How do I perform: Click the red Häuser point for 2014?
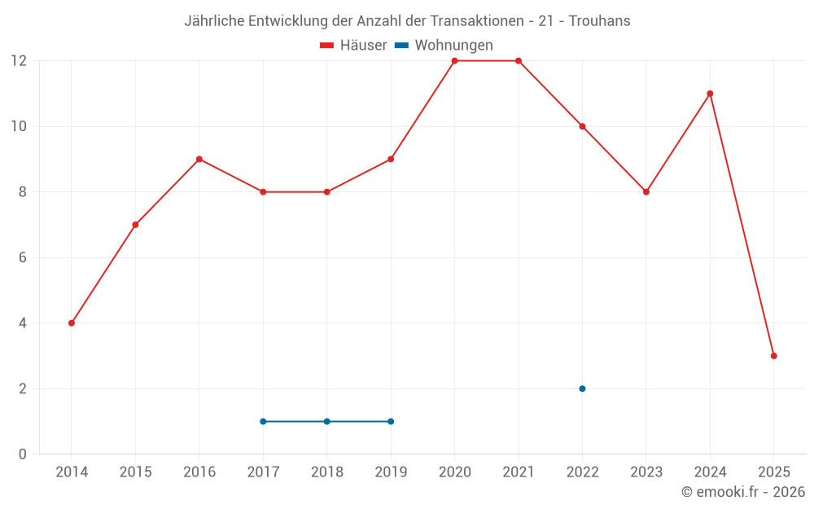pyautogui.click(x=72, y=323)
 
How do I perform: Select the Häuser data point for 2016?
pyautogui.click(x=199, y=159)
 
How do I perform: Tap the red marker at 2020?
pyautogui.click(x=454, y=61)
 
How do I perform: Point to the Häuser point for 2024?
pyautogui.click(x=710, y=94)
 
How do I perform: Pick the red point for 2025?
pyautogui.click(x=773, y=356)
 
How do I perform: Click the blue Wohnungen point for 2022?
pyautogui.click(x=582, y=388)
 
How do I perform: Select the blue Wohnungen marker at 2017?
pyautogui.click(x=263, y=421)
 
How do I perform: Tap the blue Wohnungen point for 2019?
pyautogui.click(x=391, y=421)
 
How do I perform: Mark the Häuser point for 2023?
pyautogui.click(x=646, y=192)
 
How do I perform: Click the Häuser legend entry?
pyautogui.click(x=353, y=46)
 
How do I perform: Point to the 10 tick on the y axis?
pyautogui.click(x=18, y=126)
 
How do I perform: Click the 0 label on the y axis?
pyautogui.click(x=22, y=454)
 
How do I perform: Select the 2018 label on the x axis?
pyautogui.click(x=326, y=472)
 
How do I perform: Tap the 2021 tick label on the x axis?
pyautogui.click(x=519, y=472)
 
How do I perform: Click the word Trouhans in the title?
pyautogui.click(x=600, y=20)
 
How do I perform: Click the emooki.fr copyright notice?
pyautogui.click(x=742, y=492)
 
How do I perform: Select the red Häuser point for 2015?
pyautogui.click(x=135, y=225)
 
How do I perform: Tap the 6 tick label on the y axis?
pyautogui.click(x=22, y=257)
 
